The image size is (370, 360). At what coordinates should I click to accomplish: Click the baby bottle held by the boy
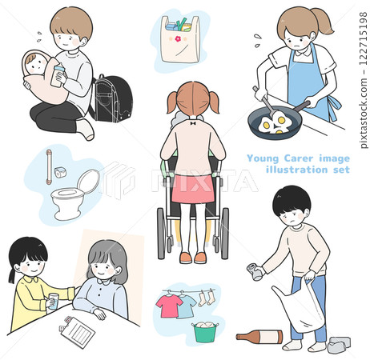pyautogui.click(x=58, y=75)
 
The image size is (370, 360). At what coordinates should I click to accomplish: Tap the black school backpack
pyautogui.click(x=111, y=98)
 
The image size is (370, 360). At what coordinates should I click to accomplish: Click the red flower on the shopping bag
pyautogui.click(x=178, y=39)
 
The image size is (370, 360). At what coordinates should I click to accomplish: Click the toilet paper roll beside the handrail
pyautogui.click(x=61, y=172)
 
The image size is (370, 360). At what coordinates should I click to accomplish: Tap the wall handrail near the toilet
pyautogui.click(x=49, y=167)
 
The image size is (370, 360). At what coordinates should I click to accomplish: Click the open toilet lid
pyautogui.click(x=88, y=182)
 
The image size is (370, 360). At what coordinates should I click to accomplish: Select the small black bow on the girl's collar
pyautogui.click(x=193, y=123)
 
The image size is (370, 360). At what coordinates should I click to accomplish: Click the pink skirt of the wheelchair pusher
pyautogui.click(x=193, y=189)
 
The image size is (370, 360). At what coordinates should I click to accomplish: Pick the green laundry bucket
pyautogui.click(x=205, y=332)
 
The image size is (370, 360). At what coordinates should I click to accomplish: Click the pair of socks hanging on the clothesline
pyautogui.click(x=207, y=298)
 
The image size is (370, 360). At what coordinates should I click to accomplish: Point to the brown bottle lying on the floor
pyautogui.click(x=259, y=337)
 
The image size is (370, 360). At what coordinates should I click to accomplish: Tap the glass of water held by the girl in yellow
pyautogui.click(x=54, y=302)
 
